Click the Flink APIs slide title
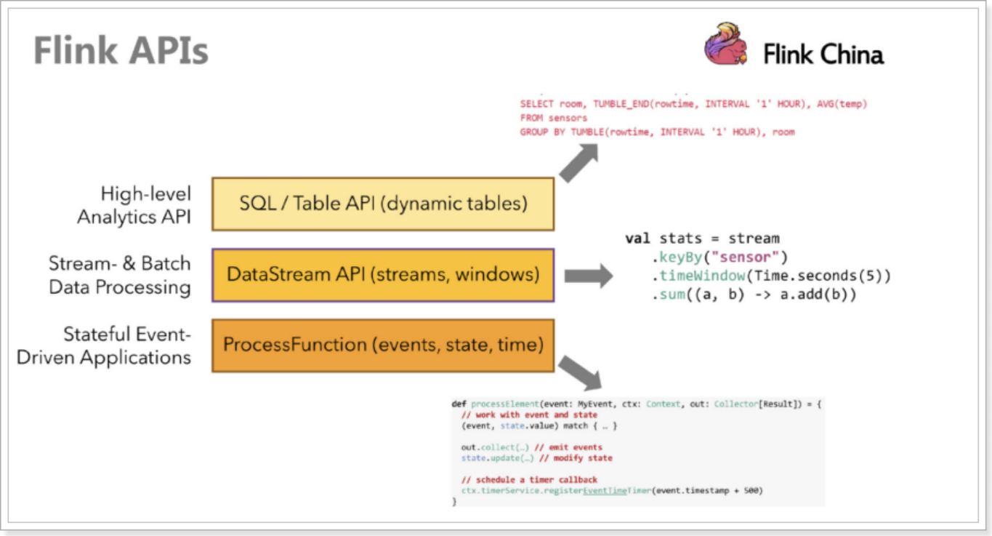pyautogui.click(x=121, y=52)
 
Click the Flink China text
pyautogui.click(x=823, y=55)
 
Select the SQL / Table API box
pyautogui.click(x=383, y=204)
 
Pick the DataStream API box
pyautogui.click(x=383, y=275)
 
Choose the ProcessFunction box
pyautogui.click(x=383, y=345)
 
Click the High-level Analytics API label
pyautogui.click(x=134, y=205)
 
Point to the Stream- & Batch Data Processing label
pyautogui.click(x=120, y=275)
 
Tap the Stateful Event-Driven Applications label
pyautogui.click(x=104, y=345)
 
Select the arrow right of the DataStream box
pyautogui.click(x=588, y=276)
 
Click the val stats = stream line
pyautogui.click(x=701, y=239)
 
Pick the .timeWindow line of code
pyautogui.click(x=770, y=276)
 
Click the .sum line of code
pyautogui.click(x=755, y=295)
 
